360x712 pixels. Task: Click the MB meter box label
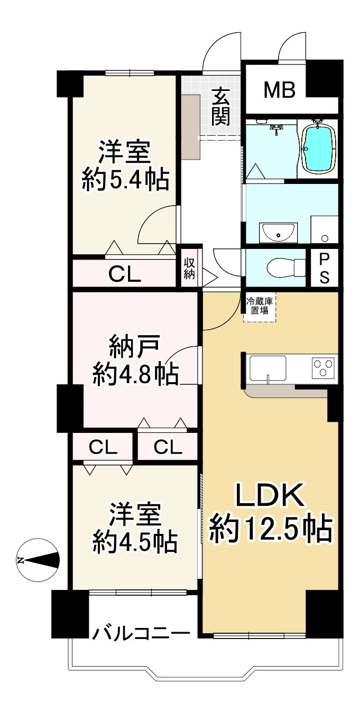[280, 90]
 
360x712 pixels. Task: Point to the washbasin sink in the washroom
[278, 232]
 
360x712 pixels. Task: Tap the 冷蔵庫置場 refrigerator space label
[260, 307]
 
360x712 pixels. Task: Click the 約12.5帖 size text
[270, 529]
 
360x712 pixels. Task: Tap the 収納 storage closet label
[189, 268]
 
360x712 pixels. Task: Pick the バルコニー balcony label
[142, 633]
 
